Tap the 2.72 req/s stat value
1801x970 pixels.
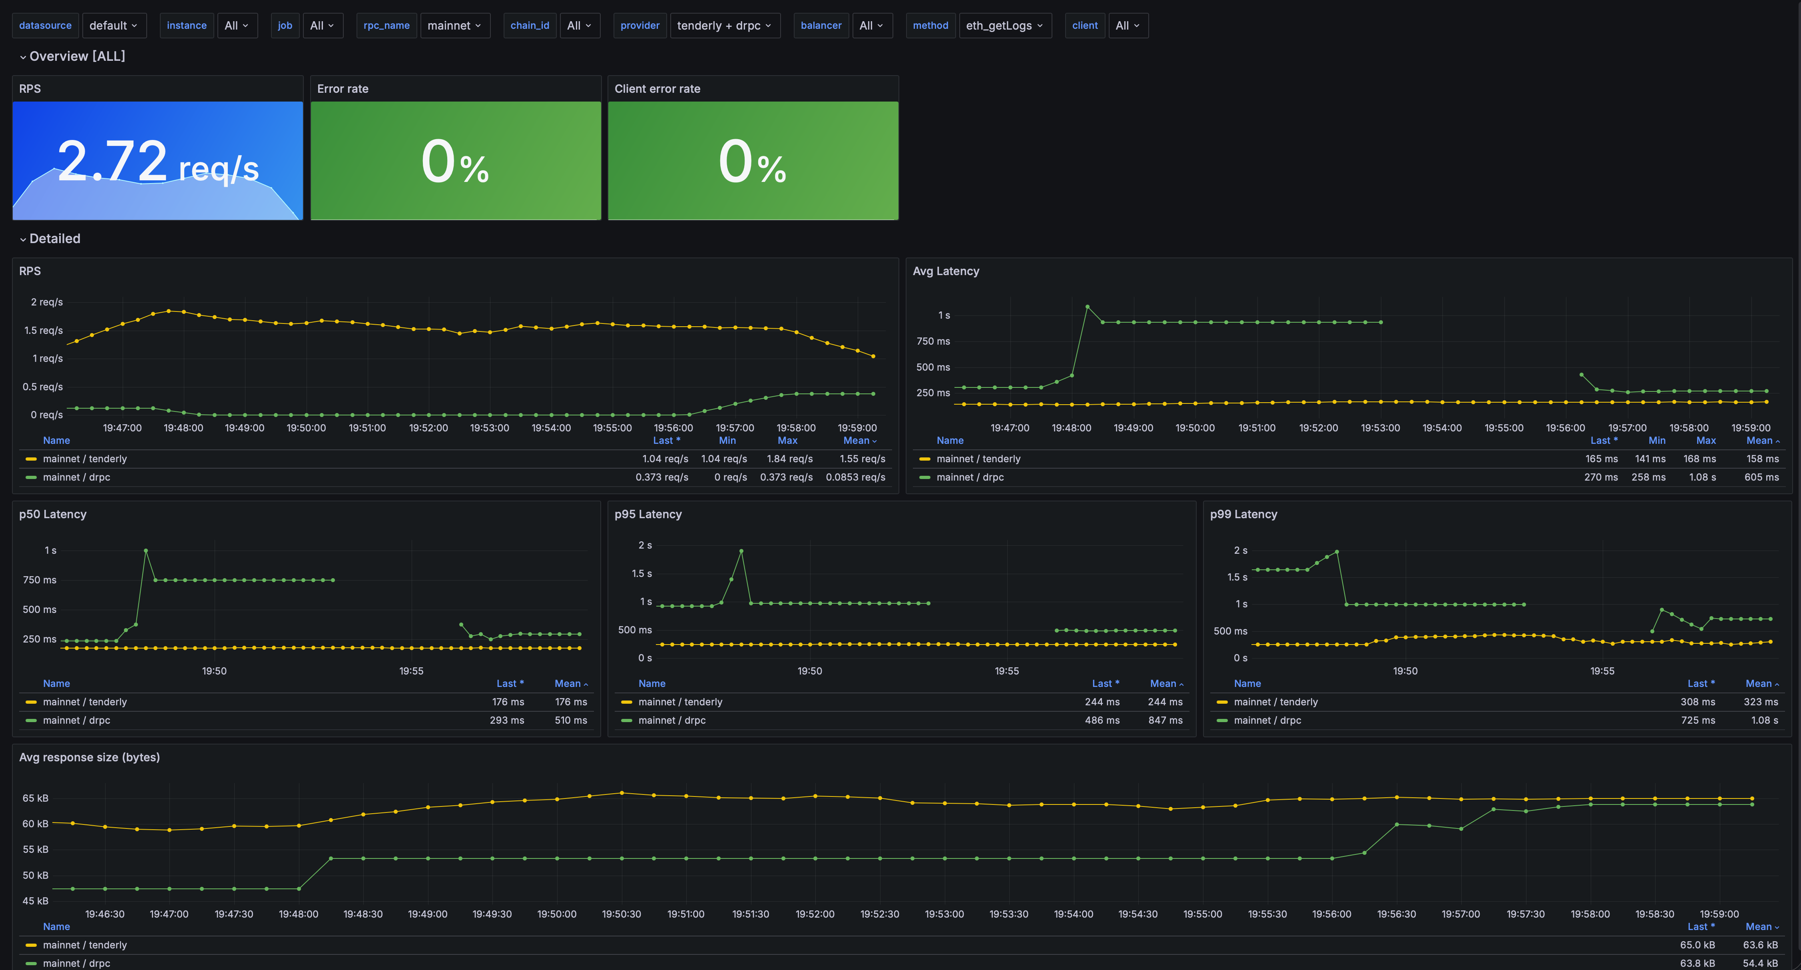[x=158, y=162]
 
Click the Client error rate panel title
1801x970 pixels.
[x=657, y=89]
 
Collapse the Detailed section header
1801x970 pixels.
[x=54, y=238]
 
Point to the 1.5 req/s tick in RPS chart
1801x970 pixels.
[x=43, y=330]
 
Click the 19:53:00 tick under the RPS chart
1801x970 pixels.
[x=489, y=428]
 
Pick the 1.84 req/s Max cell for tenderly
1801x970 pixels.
[x=789, y=459]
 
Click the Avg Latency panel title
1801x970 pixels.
[x=946, y=271]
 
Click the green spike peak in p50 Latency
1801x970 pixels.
[x=145, y=551]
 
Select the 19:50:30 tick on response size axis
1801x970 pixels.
[x=622, y=914]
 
